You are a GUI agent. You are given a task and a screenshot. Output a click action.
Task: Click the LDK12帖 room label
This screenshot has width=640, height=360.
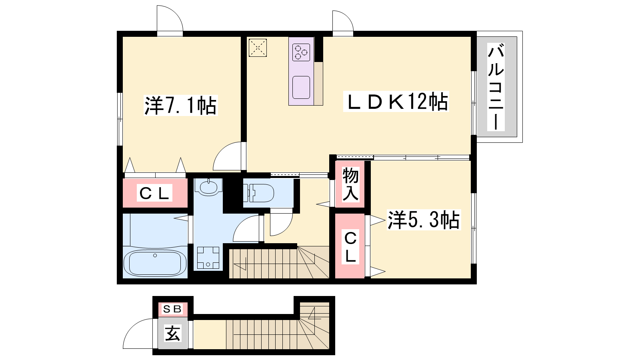click(396, 102)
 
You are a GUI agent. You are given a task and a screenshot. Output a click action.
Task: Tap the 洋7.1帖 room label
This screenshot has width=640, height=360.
click(180, 106)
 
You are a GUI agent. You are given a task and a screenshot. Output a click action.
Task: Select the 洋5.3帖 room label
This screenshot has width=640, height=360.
click(424, 220)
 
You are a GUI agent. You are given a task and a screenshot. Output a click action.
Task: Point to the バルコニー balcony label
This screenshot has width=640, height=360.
click(496, 86)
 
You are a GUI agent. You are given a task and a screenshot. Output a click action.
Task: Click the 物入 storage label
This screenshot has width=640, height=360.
click(350, 184)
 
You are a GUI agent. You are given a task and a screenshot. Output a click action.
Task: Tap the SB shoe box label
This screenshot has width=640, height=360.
click(172, 309)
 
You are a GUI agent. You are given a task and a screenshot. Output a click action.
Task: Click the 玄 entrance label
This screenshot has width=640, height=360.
click(172, 334)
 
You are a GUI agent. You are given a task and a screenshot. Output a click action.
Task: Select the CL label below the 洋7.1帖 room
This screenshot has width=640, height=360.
click(154, 193)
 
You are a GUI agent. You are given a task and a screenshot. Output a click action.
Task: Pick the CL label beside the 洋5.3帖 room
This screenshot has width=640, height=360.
click(350, 248)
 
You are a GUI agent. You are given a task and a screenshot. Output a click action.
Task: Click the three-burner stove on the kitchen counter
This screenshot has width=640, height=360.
click(301, 52)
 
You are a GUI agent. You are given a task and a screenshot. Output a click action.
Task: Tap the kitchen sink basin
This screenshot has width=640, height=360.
click(301, 88)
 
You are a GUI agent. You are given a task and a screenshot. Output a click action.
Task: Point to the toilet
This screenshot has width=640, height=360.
click(258, 193)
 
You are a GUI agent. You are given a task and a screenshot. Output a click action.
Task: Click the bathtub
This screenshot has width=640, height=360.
click(155, 263)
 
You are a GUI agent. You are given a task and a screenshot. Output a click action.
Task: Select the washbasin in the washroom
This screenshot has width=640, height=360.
click(208, 187)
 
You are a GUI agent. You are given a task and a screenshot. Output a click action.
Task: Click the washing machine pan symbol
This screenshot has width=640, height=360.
click(208, 258)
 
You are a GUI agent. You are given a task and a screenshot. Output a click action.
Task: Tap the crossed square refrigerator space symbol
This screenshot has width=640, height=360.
click(258, 48)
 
